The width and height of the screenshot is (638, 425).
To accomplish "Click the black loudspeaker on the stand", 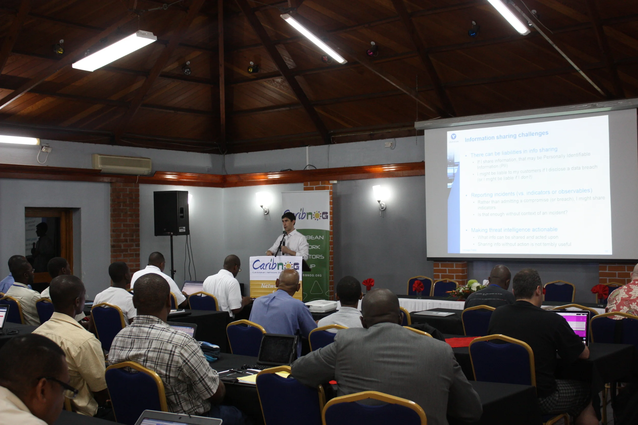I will (x=171, y=213).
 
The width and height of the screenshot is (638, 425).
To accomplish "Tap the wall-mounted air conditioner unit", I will (x=121, y=164).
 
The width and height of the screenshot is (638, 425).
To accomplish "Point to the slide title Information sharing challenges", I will (x=506, y=136).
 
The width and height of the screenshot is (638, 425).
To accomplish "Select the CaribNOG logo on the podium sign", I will (x=276, y=265).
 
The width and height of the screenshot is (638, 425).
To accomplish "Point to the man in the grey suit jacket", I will (x=385, y=360).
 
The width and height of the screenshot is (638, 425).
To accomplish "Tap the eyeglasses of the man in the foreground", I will (x=65, y=388).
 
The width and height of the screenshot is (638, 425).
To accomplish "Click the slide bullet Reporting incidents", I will (x=531, y=193).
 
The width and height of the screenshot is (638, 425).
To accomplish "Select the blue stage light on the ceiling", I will (x=473, y=31).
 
